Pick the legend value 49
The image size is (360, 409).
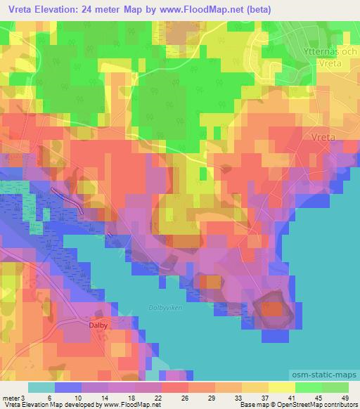(x=344, y=397)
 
